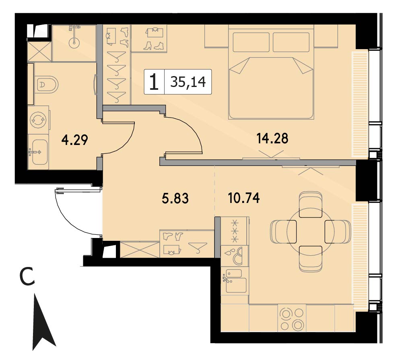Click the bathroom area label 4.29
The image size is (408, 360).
(75, 140)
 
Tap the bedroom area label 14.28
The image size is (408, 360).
(272, 138)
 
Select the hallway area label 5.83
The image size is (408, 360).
(175, 198)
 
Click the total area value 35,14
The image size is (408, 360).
(188, 82)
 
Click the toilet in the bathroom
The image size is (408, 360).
(46, 85)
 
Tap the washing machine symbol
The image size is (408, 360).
(38, 120)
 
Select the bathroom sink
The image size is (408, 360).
(39, 152)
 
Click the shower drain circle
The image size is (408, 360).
(74, 42)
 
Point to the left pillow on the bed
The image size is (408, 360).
(251, 42)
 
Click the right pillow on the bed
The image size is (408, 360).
(291, 42)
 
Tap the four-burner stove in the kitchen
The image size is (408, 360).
(292, 319)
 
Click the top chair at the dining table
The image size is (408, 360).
(311, 205)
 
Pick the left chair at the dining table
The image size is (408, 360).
(283, 232)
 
